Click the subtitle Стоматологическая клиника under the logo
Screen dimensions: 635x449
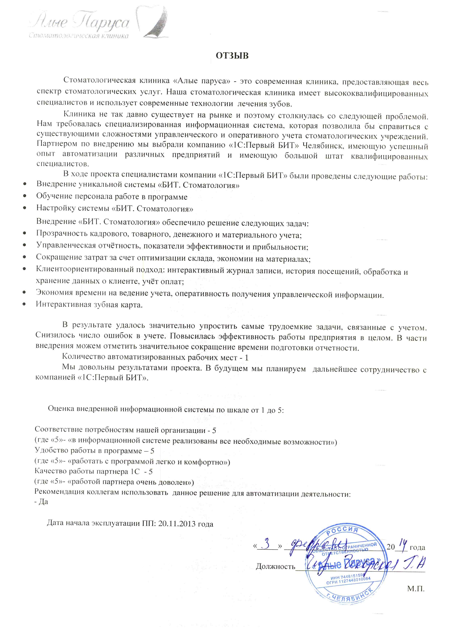pyautogui.click(x=79, y=36)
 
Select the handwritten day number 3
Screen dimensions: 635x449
pyautogui.click(x=267, y=546)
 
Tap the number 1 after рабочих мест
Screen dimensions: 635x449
pyautogui.click(x=247, y=358)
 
